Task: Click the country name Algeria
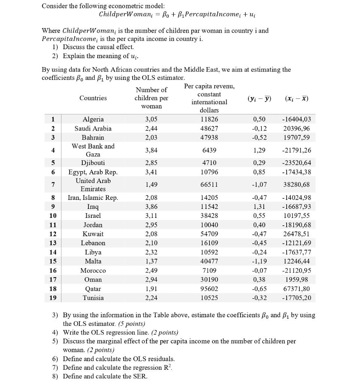coord(93,119)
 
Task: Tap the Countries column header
coord(93,98)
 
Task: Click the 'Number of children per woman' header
coord(151,98)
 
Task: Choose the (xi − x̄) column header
coord(296,98)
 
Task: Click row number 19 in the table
coord(53,298)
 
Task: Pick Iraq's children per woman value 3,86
coord(151,207)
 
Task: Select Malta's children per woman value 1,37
coord(151,261)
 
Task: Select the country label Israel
coord(93,216)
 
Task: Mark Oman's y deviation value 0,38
coord(259,280)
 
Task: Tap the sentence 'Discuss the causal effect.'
coord(98,47)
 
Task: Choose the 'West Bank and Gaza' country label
coord(93,150)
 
